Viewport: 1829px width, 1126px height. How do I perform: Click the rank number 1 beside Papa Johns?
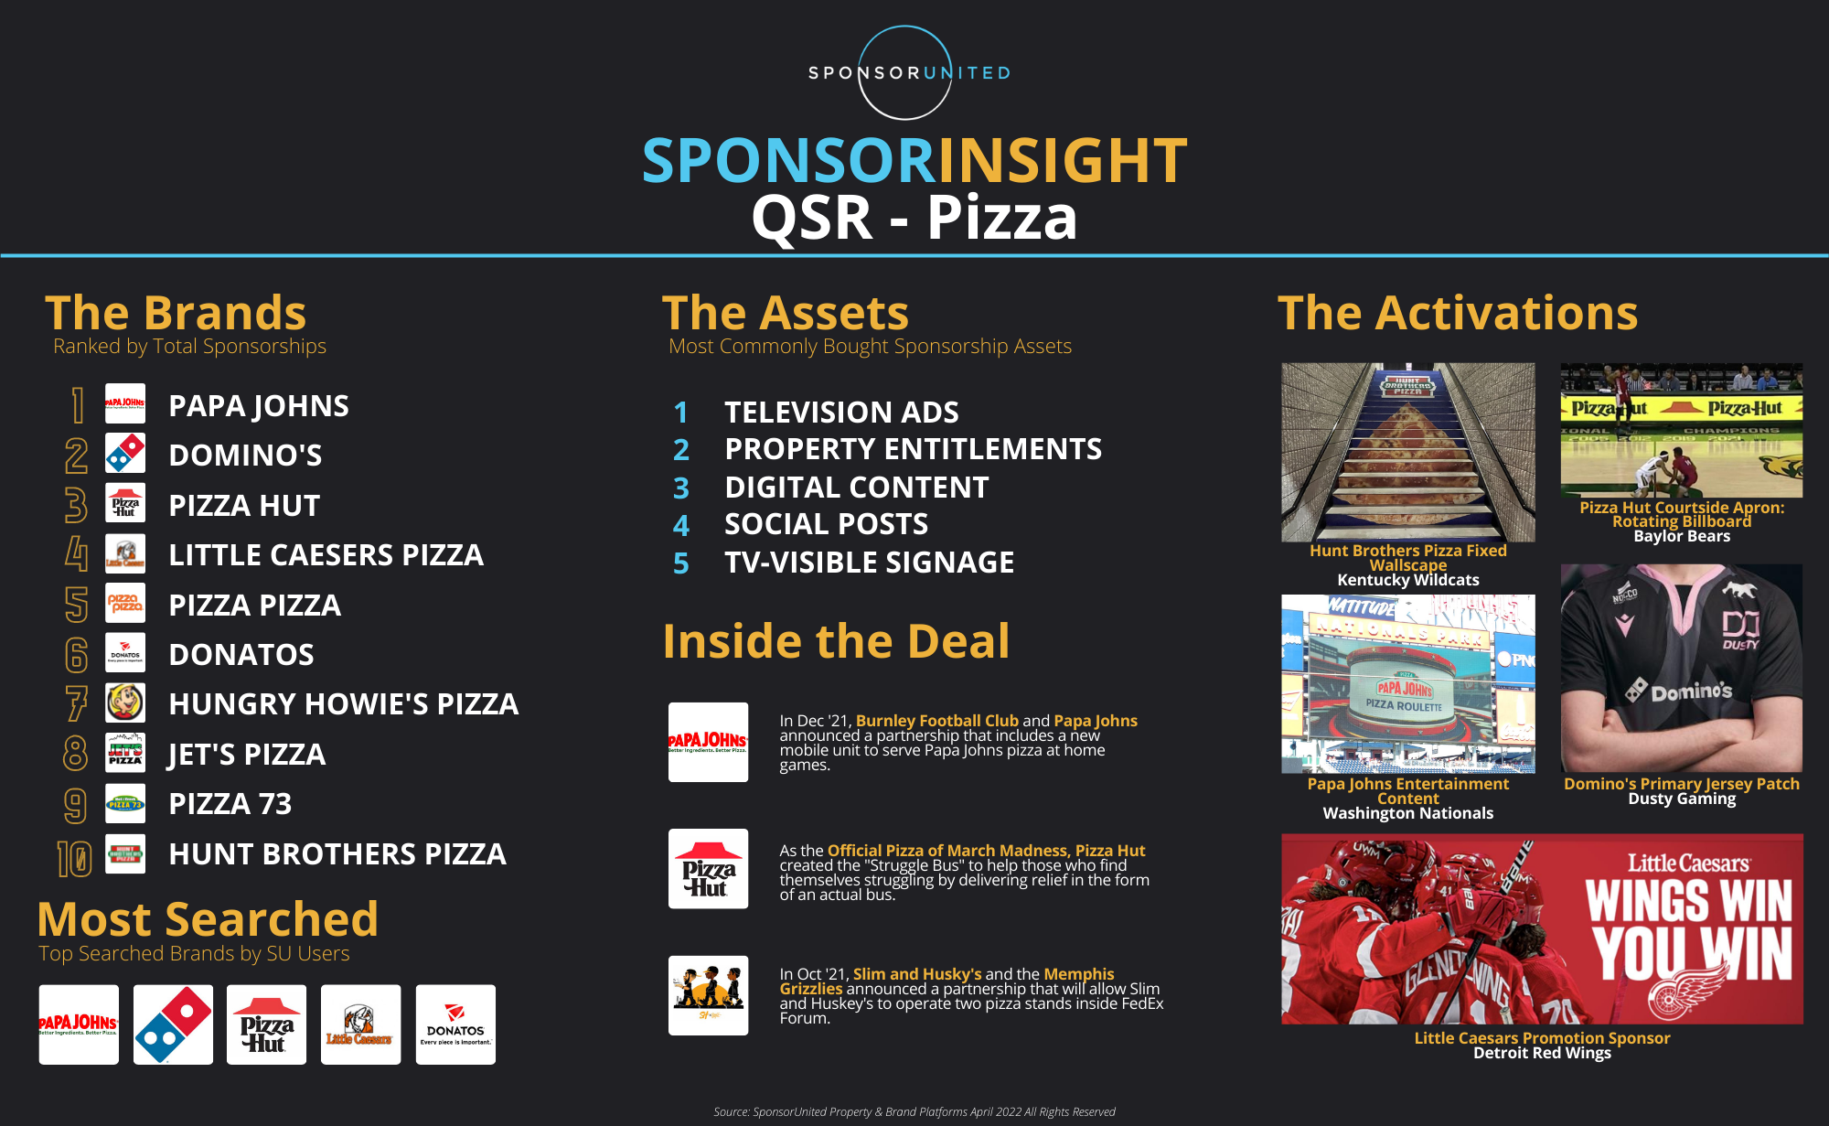(79, 405)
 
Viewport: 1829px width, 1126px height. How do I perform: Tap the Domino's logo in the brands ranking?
(125, 454)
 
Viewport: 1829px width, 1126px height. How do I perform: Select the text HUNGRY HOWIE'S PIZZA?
(343, 703)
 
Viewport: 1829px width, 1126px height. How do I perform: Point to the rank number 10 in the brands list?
(75, 857)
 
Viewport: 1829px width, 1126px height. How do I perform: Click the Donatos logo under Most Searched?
(455, 1024)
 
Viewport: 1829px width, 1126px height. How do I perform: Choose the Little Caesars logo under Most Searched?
(360, 1024)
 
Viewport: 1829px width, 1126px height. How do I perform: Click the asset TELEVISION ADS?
(841, 413)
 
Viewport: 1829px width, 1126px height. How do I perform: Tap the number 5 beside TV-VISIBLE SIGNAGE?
(681, 563)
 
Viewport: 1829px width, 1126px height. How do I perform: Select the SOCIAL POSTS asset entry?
(826, 524)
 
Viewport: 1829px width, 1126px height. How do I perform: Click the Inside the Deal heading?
(836, 641)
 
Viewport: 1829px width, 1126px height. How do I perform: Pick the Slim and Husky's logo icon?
(708, 995)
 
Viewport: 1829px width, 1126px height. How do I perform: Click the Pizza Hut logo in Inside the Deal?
(708, 869)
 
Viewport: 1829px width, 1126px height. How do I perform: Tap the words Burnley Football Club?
(936, 721)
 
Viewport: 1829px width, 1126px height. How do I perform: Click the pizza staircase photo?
(1408, 452)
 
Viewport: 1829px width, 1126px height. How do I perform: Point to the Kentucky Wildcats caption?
(1407, 580)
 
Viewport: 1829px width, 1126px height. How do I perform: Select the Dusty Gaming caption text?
(1682, 799)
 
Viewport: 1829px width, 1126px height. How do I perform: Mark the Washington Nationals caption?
(1407, 813)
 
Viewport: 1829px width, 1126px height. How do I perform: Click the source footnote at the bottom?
(914, 1112)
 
